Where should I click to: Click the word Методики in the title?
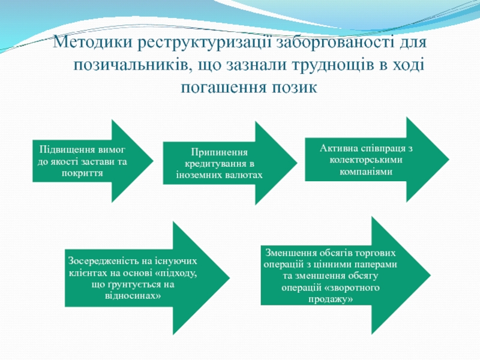[x=92, y=42]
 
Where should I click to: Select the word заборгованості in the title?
[x=335, y=43]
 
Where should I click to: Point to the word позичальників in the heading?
[x=131, y=65]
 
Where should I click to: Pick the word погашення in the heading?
[x=223, y=88]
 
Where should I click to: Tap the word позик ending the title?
[x=294, y=88]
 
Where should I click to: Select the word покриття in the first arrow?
[x=82, y=173]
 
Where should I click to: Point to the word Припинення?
[x=219, y=152]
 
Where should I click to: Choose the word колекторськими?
[x=366, y=160]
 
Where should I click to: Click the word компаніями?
[x=366, y=172]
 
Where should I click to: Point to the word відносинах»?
[x=133, y=296]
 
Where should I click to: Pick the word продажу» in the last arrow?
[x=331, y=299]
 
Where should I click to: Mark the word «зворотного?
[x=354, y=287]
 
